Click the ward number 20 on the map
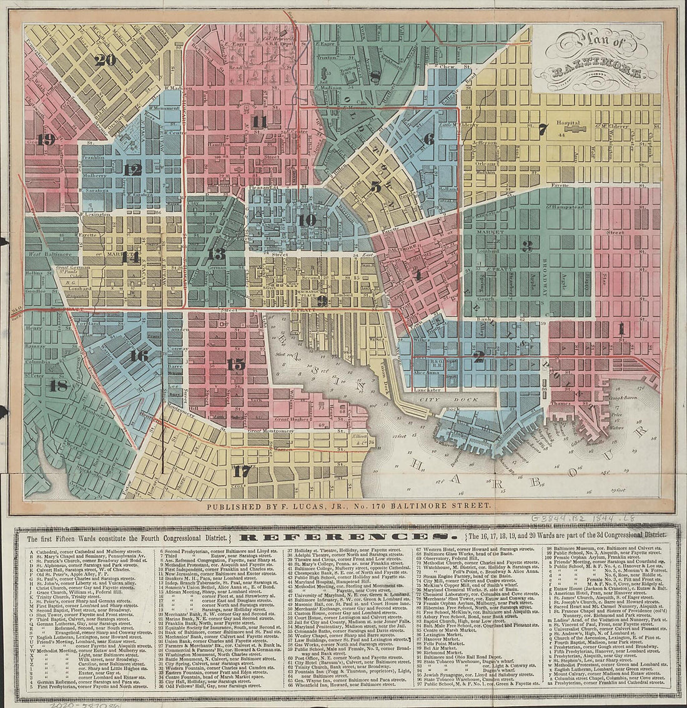[x=106, y=60]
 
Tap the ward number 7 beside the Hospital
[x=542, y=130]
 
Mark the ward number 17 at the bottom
[x=241, y=471]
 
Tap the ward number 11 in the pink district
[x=259, y=121]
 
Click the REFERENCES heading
[x=343, y=537]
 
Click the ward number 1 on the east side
[x=621, y=327]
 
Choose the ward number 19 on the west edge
[x=46, y=139]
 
